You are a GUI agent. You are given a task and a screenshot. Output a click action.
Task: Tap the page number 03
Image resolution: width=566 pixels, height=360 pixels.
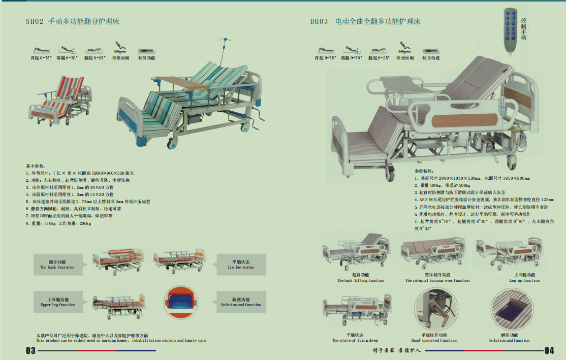coord(30,350)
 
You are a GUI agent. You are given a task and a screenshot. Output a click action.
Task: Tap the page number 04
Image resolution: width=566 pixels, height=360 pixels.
coord(549,350)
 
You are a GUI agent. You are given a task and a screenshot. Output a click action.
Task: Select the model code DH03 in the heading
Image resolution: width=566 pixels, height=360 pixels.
coord(319,22)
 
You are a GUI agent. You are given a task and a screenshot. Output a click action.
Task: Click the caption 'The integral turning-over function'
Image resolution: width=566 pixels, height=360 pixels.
coord(437,280)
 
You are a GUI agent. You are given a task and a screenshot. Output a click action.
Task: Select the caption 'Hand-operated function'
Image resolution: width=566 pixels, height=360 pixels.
coord(434,340)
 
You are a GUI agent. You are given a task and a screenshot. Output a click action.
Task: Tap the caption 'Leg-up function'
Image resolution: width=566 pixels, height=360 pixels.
coord(524,280)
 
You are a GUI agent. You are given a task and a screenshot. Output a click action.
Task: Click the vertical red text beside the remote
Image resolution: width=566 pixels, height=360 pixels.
coord(524,28)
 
